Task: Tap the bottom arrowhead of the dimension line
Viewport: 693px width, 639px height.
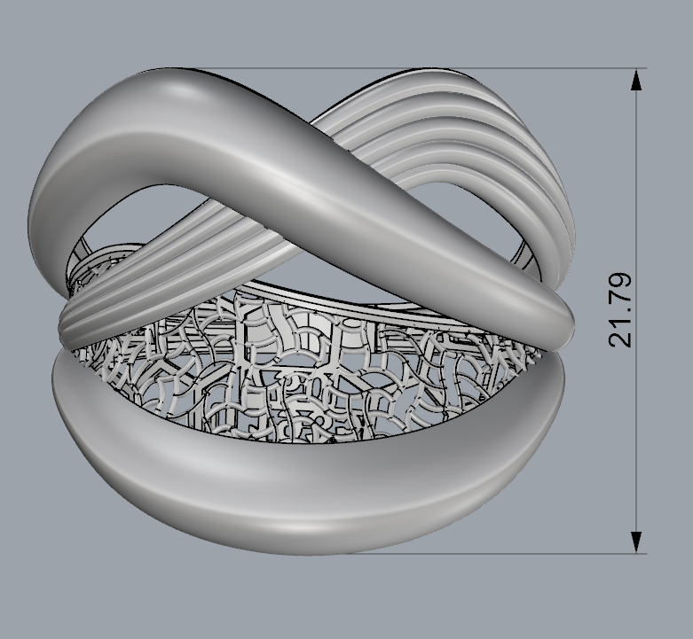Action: pyautogui.click(x=635, y=542)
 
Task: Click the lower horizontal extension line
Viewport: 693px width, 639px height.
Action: pyautogui.click(x=497, y=554)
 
